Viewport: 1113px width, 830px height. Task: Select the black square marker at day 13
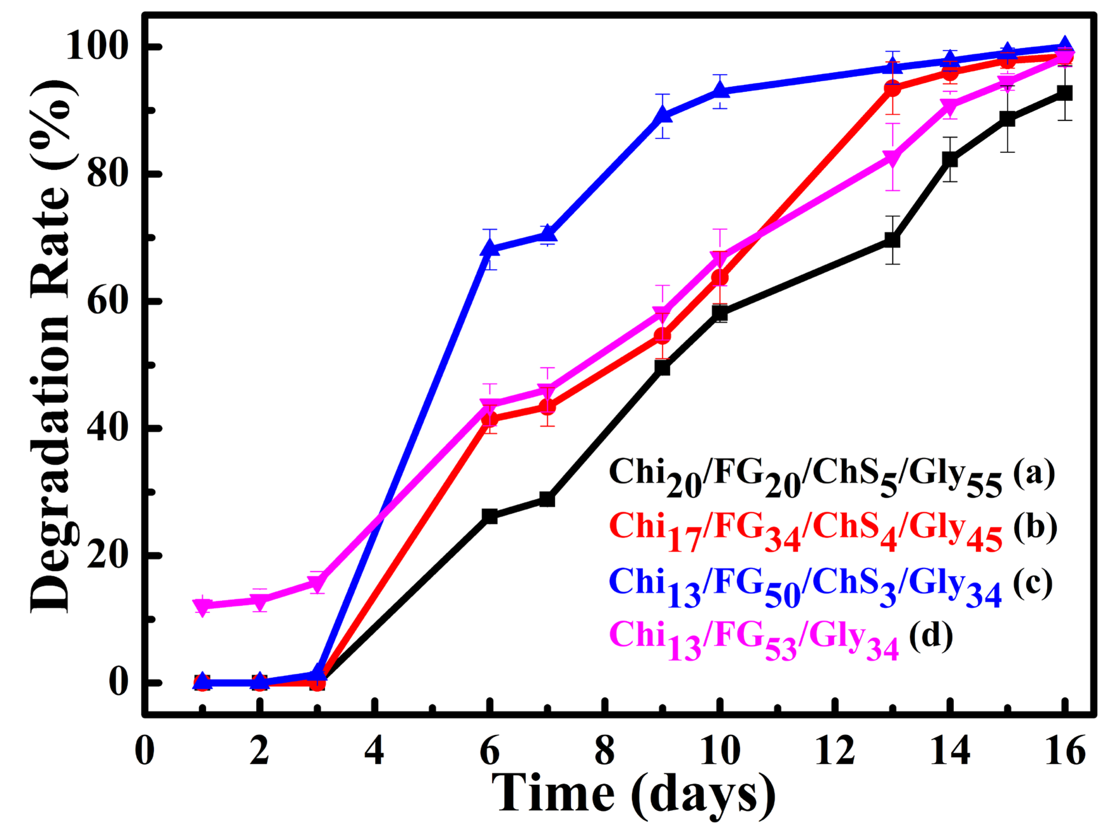click(892, 240)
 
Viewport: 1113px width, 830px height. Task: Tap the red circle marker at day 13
click(892, 88)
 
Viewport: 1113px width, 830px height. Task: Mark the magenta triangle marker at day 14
click(949, 106)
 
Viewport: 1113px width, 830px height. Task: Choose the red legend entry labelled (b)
click(831, 530)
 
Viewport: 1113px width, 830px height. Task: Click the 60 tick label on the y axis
click(112, 301)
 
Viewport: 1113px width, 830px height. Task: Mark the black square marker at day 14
click(949, 159)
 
